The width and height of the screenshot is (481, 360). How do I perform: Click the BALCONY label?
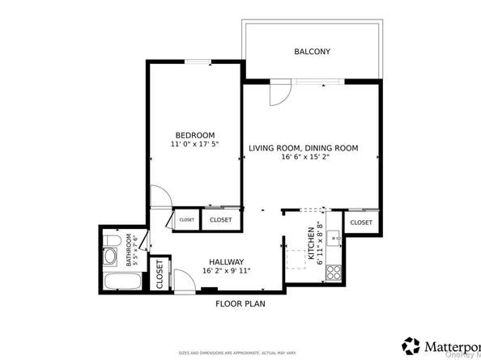pyautogui.click(x=311, y=52)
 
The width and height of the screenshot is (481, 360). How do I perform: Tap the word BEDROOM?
pyautogui.click(x=194, y=134)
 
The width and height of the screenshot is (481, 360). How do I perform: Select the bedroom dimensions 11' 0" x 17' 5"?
pyautogui.click(x=194, y=144)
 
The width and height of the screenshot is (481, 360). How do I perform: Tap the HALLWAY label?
pyautogui.click(x=226, y=261)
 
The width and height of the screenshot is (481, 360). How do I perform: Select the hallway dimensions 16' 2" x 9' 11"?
pyautogui.click(x=226, y=271)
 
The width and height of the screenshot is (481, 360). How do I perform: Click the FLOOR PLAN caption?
pyautogui.click(x=240, y=304)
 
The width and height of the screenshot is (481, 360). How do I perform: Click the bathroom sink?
pyautogui.click(x=111, y=239)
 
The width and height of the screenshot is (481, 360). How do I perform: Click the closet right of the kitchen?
pyautogui.click(x=360, y=222)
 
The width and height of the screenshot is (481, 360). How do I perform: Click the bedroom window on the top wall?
pyautogui.click(x=195, y=61)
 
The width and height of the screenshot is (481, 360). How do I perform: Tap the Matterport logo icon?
pyautogui.click(x=411, y=341)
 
